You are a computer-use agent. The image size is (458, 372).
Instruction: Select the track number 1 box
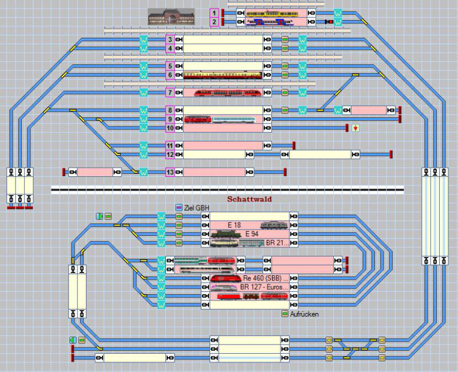tap(214, 13)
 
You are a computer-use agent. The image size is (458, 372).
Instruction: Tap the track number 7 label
tap(169, 93)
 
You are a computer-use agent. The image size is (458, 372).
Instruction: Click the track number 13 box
tap(169, 172)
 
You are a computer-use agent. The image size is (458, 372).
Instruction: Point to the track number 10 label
tap(169, 128)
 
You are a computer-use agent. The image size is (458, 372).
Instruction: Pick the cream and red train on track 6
tap(223, 75)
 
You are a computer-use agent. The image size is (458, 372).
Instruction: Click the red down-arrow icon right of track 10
tap(356, 128)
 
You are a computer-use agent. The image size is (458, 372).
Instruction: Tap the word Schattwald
tap(249, 199)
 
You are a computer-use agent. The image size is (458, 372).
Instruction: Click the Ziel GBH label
tap(196, 207)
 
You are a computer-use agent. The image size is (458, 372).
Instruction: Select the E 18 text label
tap(234, 225)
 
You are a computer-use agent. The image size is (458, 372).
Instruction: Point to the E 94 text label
tap(251, 234)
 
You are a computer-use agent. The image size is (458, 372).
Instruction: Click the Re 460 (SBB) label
tap(266, 278)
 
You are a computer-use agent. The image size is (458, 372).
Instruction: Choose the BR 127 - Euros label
tap(264, 287)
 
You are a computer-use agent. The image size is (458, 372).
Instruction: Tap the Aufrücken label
tap(304, 314)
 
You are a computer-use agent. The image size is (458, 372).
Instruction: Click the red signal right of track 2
tap(329, 22)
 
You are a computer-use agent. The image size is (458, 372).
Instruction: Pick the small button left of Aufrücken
tap(285, 314)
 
